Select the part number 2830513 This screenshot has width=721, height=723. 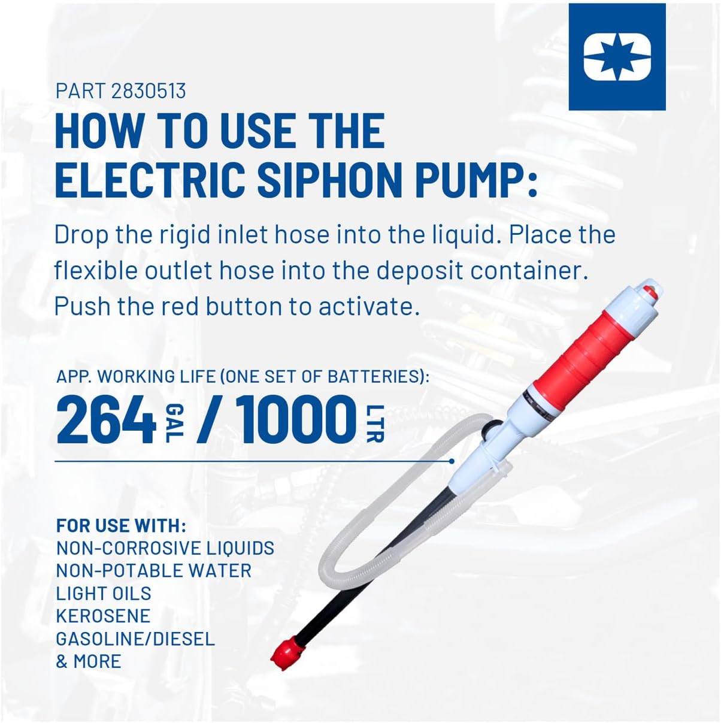click(149, 91)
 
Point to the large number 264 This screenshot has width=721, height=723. click(106, 420)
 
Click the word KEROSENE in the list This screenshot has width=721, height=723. click(103, 616)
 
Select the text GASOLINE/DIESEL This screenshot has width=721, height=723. click(135, 639)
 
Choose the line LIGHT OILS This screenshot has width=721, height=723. click(104, 593)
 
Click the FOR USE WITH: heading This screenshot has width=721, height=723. click(121, 526)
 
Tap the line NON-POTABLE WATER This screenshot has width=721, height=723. click(154, 570)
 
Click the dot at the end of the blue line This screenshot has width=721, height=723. click(452, 461)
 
